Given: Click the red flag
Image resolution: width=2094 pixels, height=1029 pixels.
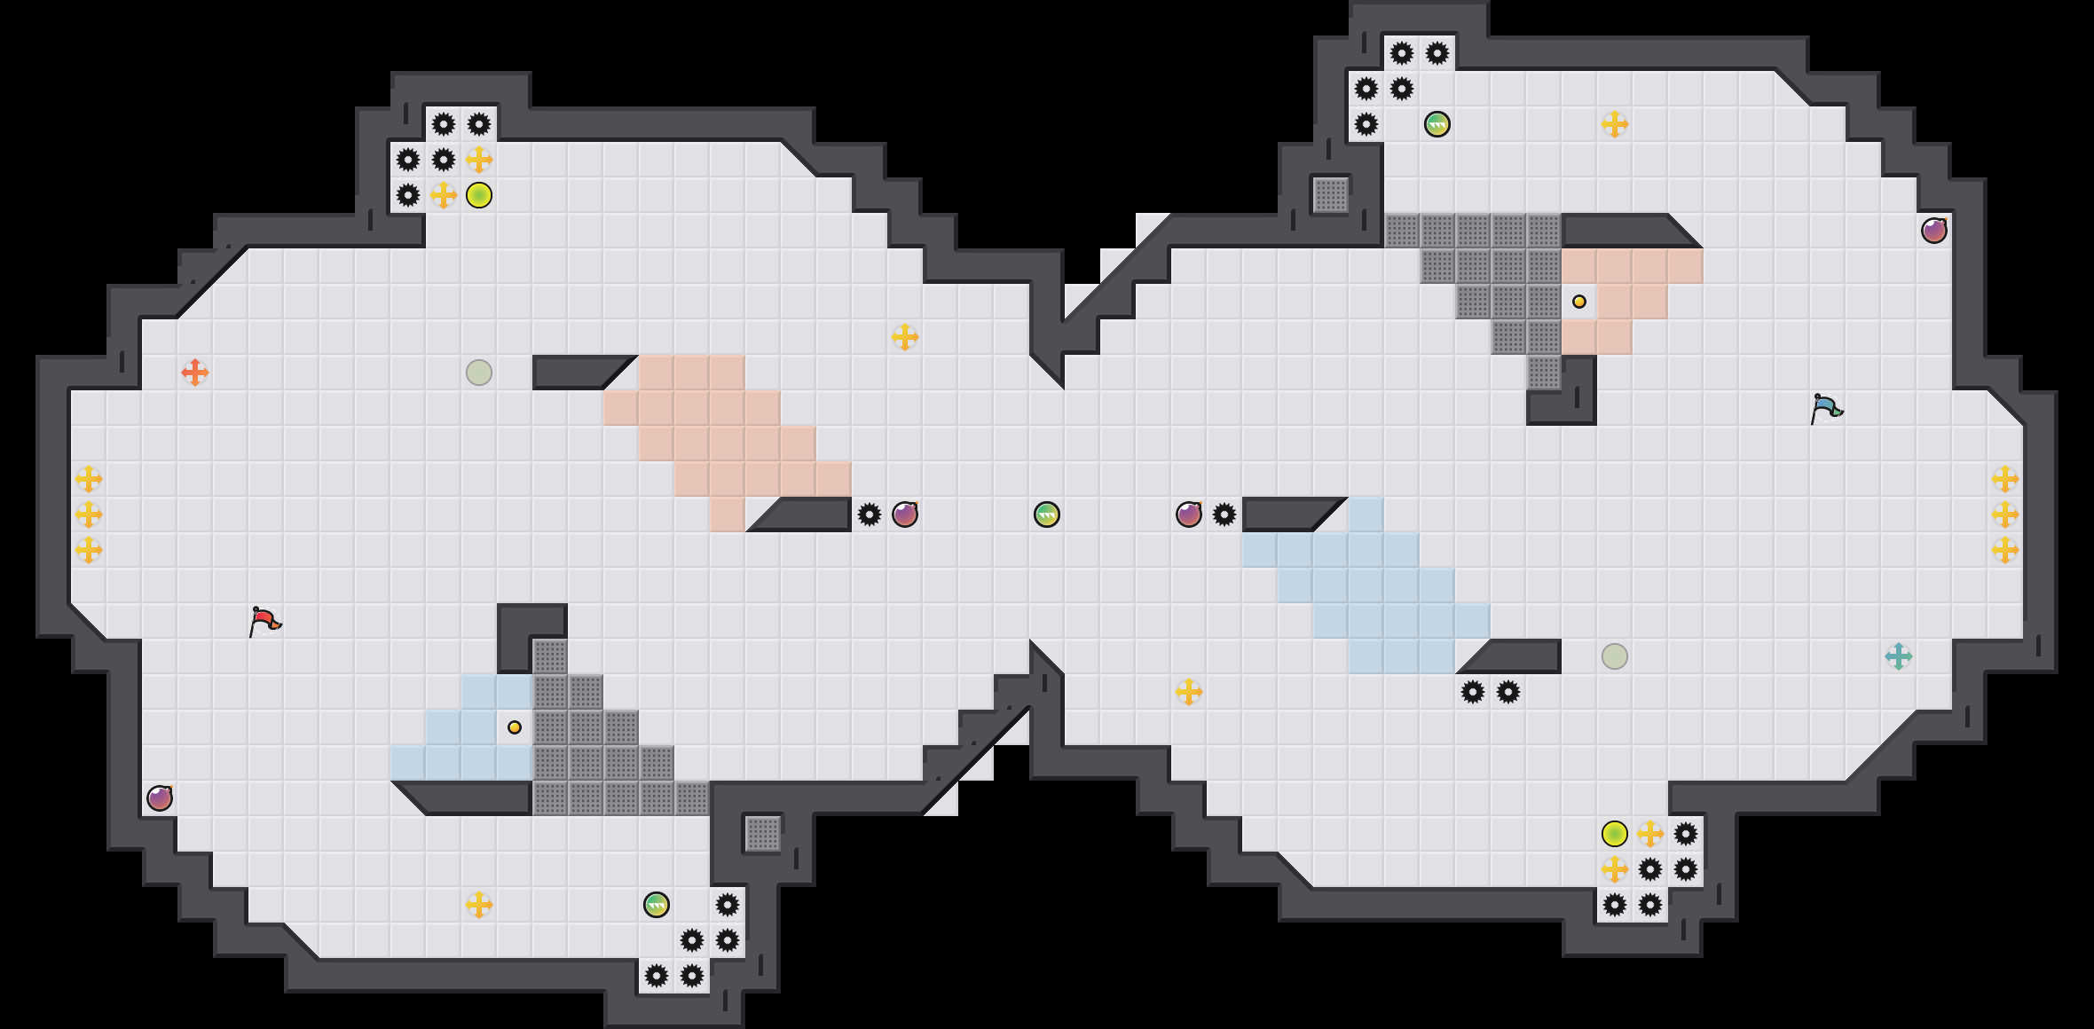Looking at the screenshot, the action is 264,620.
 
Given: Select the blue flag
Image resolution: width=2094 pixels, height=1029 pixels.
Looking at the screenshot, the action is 1825,408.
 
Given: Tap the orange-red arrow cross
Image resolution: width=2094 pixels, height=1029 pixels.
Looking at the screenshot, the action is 195,373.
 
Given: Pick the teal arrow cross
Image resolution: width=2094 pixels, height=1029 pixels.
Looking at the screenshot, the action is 1898,656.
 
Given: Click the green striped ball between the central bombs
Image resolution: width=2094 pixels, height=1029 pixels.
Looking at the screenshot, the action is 1047,514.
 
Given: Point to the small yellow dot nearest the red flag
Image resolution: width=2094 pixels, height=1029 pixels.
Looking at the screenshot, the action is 515,727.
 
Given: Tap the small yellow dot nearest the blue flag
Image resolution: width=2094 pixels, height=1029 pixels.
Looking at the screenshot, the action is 1579,302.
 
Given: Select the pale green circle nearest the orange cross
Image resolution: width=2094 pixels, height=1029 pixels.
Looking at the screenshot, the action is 479,373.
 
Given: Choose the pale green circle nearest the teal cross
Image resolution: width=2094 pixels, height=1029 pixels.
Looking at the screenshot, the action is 1615,656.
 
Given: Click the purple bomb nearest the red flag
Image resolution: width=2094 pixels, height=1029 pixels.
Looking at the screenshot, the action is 160,798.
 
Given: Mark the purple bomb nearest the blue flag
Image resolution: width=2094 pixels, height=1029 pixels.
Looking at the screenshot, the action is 1934,231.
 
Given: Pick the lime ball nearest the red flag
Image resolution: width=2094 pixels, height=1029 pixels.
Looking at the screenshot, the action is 479,195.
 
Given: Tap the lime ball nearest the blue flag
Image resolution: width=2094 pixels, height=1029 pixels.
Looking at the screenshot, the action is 1615,834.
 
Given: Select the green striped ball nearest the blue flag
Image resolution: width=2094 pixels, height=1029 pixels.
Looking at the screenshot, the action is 1437,124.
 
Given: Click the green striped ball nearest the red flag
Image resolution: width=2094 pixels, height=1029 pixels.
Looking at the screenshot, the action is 657,905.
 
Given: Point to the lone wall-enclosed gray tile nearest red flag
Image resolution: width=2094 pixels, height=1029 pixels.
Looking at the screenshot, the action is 763,834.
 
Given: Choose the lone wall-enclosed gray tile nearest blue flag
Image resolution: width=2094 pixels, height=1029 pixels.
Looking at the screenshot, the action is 1331,195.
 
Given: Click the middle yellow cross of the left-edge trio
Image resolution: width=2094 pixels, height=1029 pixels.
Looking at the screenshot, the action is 89,514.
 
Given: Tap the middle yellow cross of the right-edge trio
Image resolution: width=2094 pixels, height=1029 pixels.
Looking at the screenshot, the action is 2005,514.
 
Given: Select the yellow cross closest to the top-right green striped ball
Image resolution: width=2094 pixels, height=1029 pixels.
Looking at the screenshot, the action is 1615,124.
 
